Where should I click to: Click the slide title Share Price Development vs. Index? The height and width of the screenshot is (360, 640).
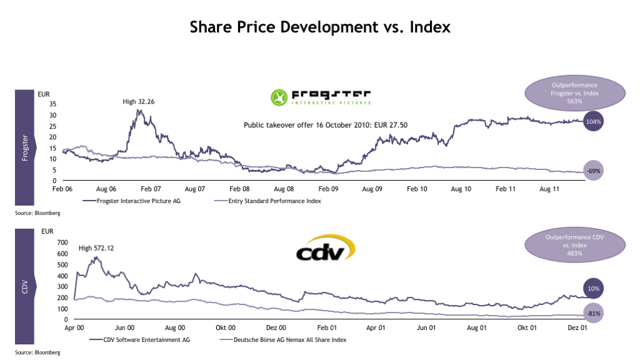pyautogui.click(x=320, y=27)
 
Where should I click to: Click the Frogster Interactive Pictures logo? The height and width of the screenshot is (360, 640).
pyautogui.click(x=321, y=97)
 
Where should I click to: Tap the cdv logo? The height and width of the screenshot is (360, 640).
pyautogui.click(x=325, y=252)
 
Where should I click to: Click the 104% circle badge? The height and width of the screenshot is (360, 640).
pyautogui.click(x=594, y=122)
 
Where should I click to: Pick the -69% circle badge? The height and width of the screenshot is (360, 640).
pyautogui.click(x=594, y=171)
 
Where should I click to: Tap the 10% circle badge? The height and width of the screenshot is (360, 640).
pyautogui.click(x=594, y=289)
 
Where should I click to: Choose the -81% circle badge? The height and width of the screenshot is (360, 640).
pyautogui.click(x=594, y=313)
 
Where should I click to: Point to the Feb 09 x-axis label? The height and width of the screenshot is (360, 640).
pyautogui.click(x=327, y=188)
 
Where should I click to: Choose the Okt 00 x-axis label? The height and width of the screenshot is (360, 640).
pyautogui.click(x=225, y=327)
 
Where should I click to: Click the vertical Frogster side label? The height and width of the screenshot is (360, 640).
pyautogui.click(x=25, y=147)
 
